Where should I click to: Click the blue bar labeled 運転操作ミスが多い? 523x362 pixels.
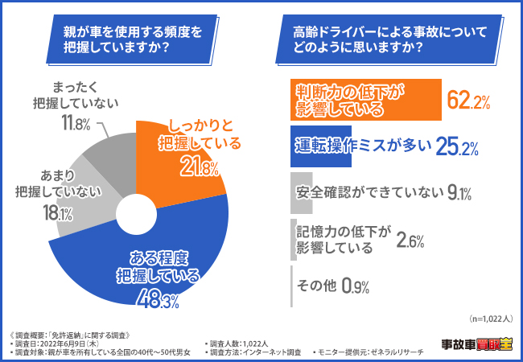362,145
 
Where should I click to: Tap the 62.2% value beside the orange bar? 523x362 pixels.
468,101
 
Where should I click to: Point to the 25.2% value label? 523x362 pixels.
457,146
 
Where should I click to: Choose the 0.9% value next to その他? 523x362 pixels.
355,285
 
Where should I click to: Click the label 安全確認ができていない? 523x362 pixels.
369,191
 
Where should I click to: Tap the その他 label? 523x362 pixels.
316,285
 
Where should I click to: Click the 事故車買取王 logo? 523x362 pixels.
476,344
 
